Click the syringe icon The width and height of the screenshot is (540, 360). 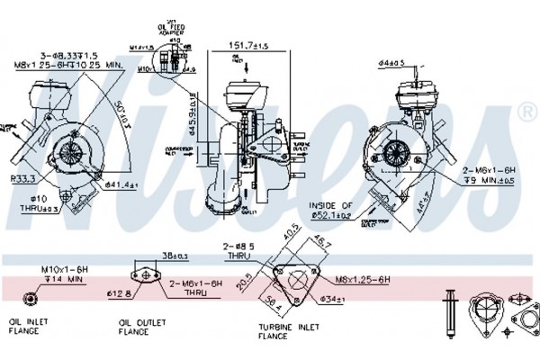coord(446,310)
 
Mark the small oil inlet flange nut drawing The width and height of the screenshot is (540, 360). coord(30,299)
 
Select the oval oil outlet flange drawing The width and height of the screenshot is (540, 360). coord(142,275)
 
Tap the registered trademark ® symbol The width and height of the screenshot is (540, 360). coord(528,112)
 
